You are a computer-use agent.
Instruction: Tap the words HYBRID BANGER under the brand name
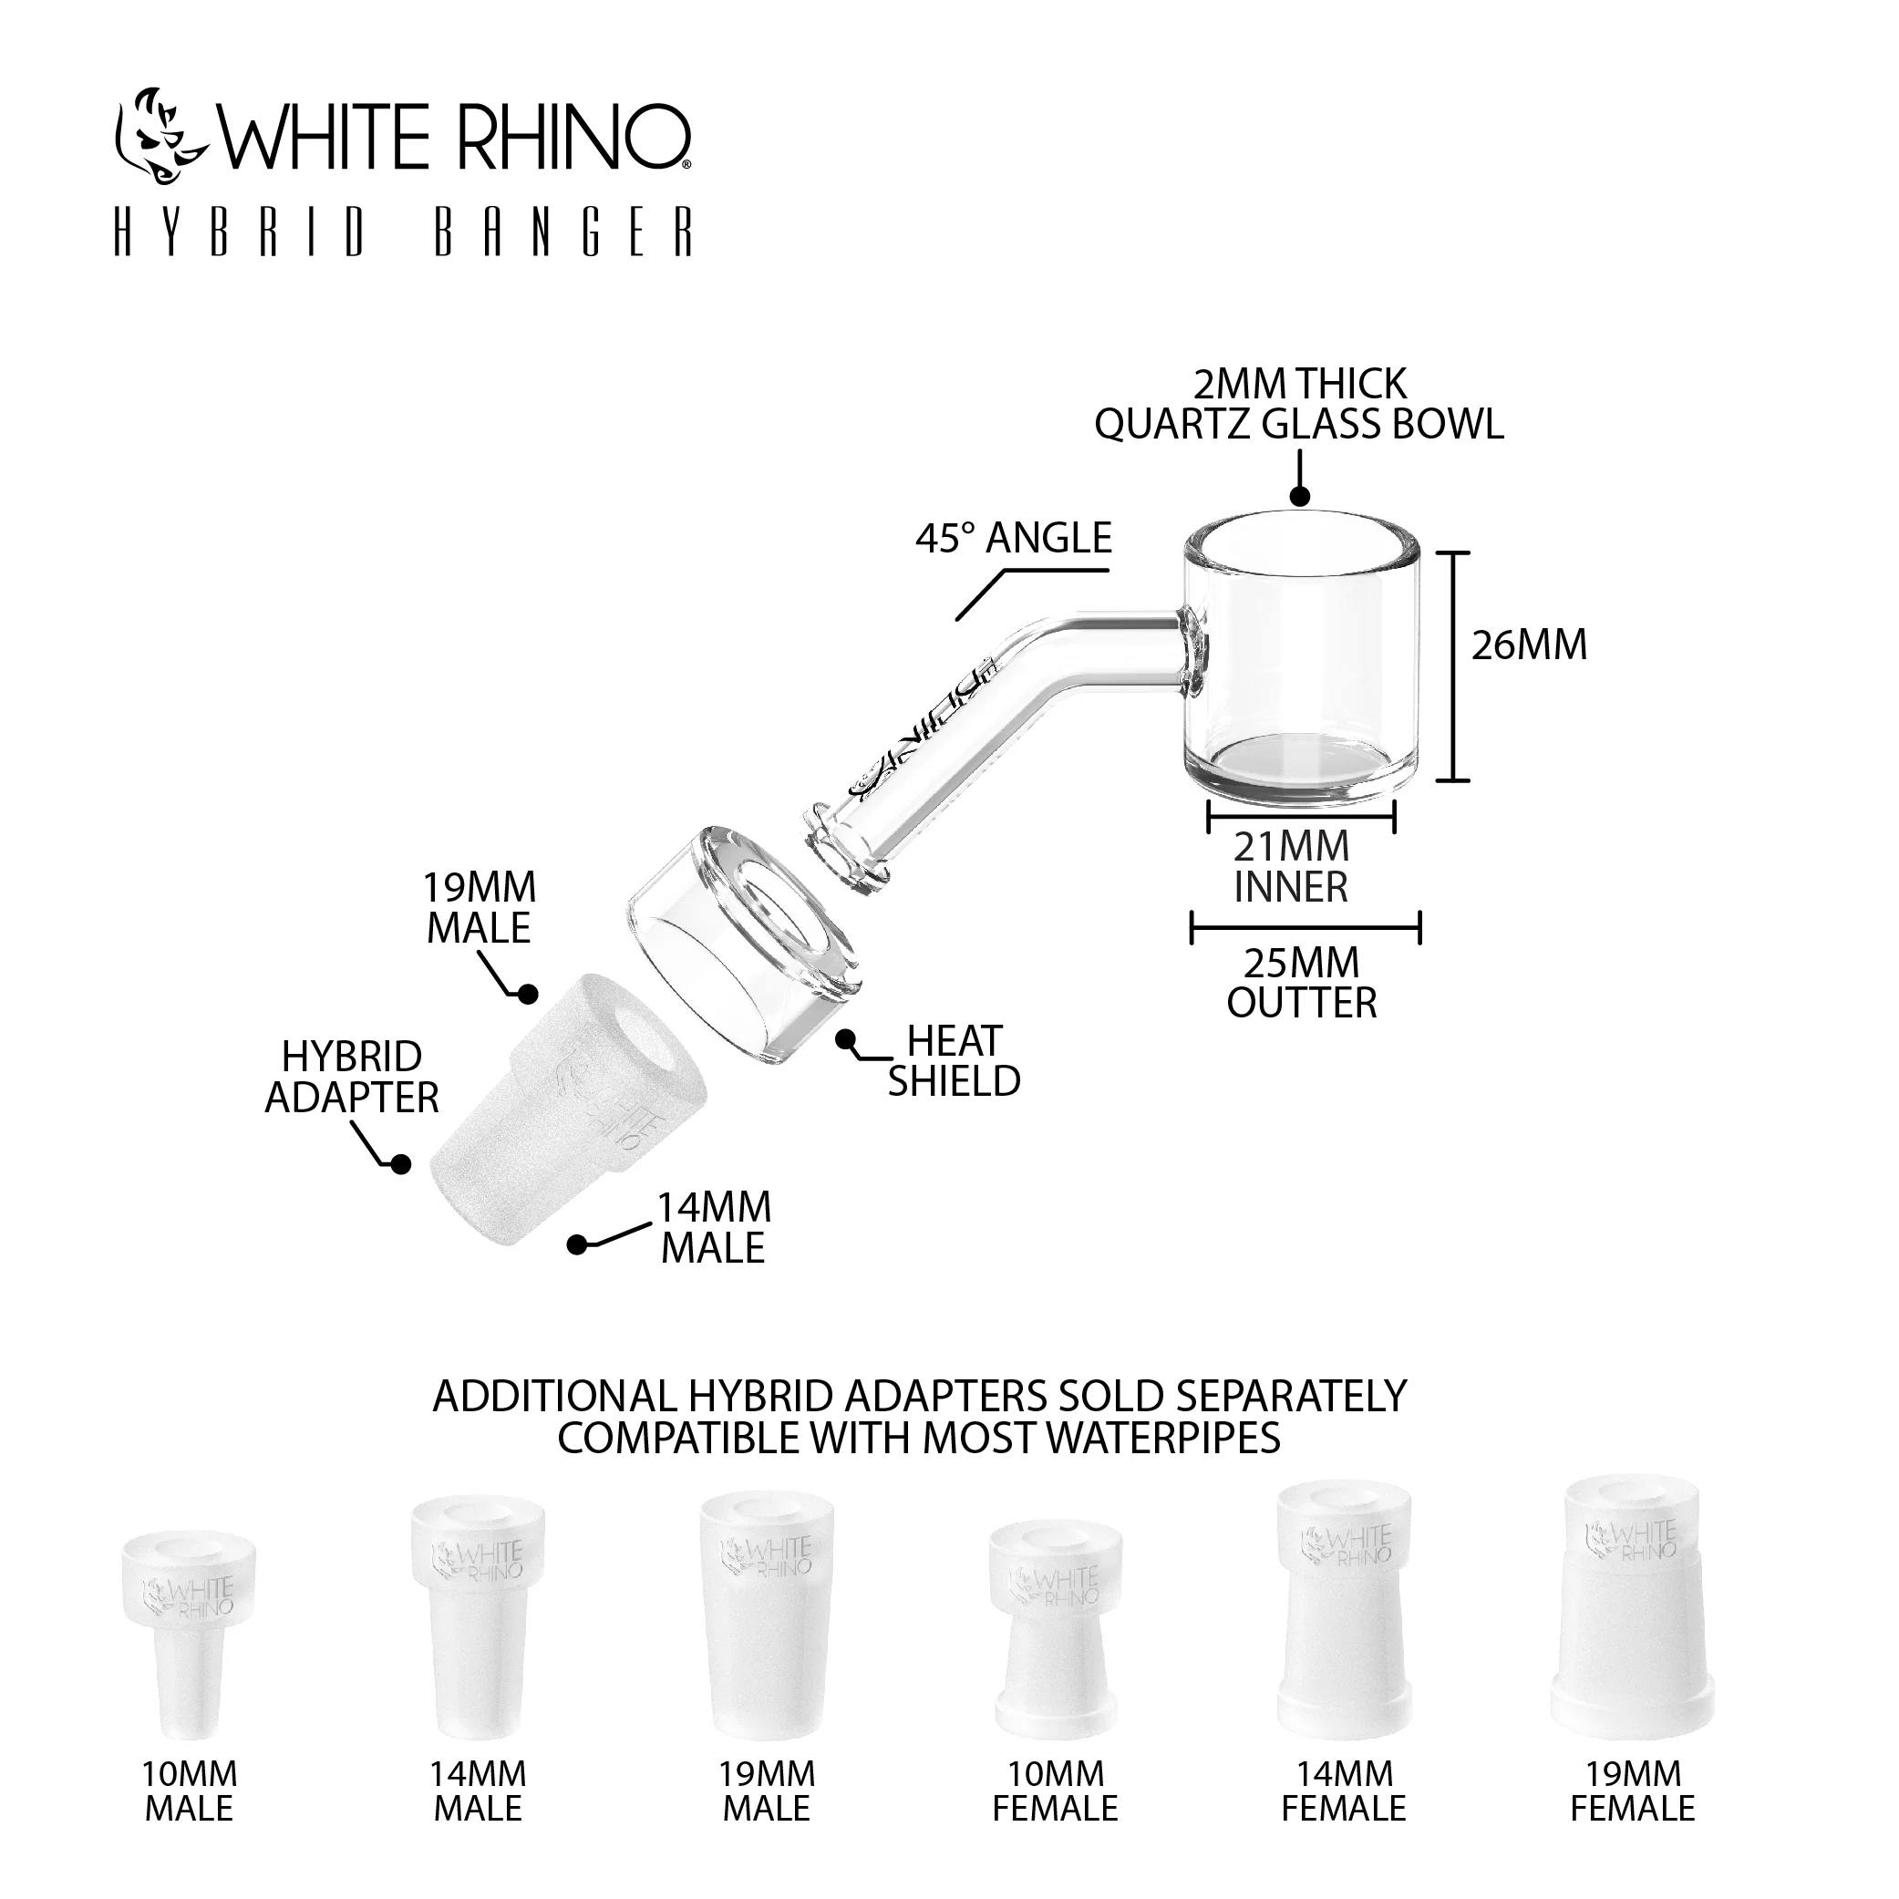pos(403,232)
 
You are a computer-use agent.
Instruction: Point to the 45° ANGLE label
pos(1014,539)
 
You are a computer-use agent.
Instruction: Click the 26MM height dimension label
pos(1530,645)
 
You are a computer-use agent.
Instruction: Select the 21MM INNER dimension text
pos(1292,867)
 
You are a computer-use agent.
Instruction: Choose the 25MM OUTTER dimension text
pos(1303,983)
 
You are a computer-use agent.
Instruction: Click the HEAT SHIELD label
pos(954,1061)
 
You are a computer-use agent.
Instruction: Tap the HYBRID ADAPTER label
pos(352,1078)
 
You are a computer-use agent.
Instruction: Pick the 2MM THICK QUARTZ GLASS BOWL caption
pos(1299,404)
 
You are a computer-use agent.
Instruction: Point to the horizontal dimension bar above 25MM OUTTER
pos(1306,927)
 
